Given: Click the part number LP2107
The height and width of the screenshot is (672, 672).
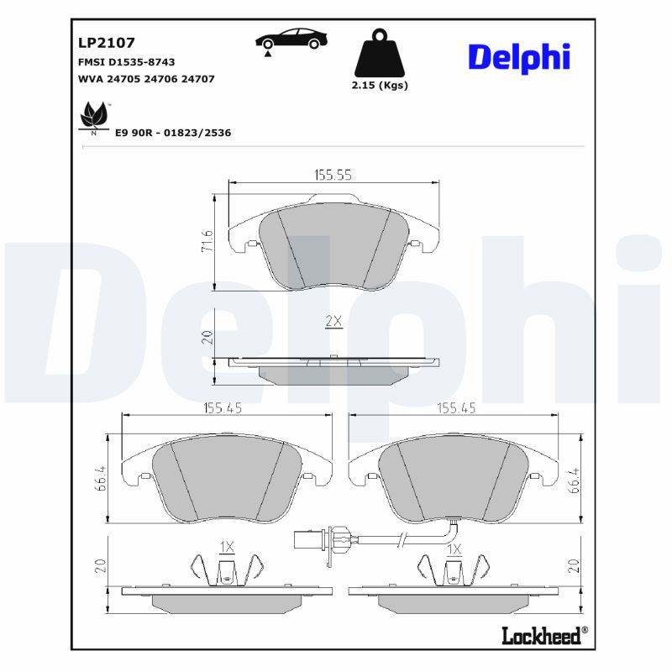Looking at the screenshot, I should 107,42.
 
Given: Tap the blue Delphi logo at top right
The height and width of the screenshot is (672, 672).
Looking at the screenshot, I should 518,56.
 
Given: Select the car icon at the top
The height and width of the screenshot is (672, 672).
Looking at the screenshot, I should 292,39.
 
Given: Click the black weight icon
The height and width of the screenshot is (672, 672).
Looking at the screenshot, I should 379,55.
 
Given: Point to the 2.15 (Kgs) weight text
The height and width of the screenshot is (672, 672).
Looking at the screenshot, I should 379,86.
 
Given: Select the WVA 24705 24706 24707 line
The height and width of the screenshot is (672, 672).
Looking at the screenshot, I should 145,79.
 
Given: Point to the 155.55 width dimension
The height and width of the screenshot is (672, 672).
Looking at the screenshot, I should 333,175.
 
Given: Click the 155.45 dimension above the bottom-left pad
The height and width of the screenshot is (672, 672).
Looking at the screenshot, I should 223,408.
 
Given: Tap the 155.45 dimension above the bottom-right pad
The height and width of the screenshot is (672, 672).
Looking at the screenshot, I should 456,408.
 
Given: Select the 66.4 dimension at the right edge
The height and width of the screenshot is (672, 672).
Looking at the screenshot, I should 575,479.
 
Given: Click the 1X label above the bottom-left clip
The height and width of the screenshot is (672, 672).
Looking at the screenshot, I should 227,547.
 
